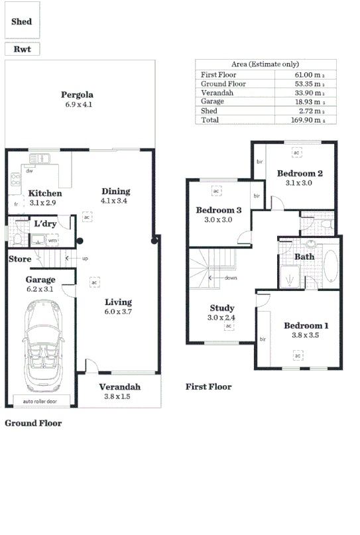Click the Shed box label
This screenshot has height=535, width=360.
(22, 21)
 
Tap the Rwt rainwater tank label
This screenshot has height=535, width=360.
(22, 49)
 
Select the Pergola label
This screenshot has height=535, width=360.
(78, 94)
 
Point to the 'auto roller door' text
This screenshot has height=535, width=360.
(40, 402)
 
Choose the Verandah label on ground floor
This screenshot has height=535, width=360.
(120, 387)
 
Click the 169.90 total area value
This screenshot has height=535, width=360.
(306, 120)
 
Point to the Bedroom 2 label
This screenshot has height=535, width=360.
(300, 173)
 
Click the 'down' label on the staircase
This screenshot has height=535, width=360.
(230, 278)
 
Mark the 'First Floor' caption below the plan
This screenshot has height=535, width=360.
(208, 386)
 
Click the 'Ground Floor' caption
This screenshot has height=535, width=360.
(33, 422)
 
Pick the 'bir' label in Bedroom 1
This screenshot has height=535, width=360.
(263, 339)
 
